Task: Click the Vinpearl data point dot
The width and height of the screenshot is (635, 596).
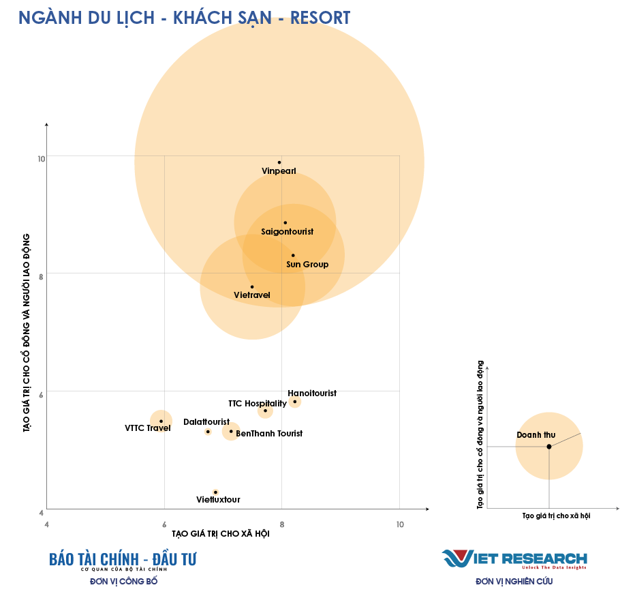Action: tap(279, 162)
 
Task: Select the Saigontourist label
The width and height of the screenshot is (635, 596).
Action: tap(287, 232)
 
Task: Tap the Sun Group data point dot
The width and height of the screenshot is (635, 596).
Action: tap(293, 255)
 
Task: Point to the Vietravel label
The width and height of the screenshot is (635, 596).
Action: tap(252, 295)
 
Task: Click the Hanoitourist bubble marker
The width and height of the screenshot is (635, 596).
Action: tap(294, 402)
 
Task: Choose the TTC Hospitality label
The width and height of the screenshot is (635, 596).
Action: tap(258, 404)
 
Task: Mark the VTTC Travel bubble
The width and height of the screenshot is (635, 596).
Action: tap(161, 421)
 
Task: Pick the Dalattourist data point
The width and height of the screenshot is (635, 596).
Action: tap(208, 432)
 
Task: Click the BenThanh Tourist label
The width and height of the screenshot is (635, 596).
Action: tap(269, 433)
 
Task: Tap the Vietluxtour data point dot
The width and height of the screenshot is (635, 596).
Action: tap(215, 492)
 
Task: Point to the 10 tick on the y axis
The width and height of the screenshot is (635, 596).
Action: tap(42, 159)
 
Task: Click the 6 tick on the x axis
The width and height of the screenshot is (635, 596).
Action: tap(164, 524)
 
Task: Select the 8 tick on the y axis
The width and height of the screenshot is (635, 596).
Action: tap(42, 276)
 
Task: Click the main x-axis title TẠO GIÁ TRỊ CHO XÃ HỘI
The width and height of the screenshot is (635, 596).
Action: tap(220, 534)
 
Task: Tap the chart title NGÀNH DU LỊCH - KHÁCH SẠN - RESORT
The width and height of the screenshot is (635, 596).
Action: tap(185, 17)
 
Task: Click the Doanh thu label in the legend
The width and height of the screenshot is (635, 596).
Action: tap(536, 434)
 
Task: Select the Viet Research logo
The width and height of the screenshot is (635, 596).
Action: tap(514, 558)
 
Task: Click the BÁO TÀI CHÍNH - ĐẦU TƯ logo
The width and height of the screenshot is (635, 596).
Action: tap(123, 559)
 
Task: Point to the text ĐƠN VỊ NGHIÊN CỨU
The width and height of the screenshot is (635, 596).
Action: tap(514, 582)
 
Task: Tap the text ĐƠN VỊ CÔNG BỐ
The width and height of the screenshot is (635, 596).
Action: tap(123, 582)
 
